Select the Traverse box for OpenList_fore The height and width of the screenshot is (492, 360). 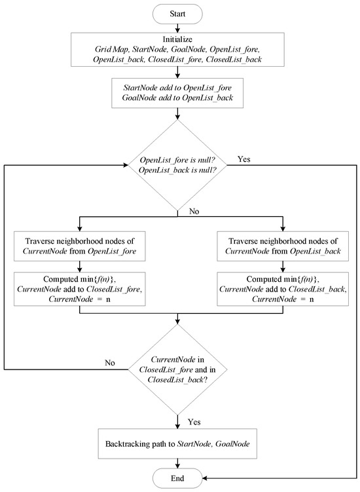[79, 242]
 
